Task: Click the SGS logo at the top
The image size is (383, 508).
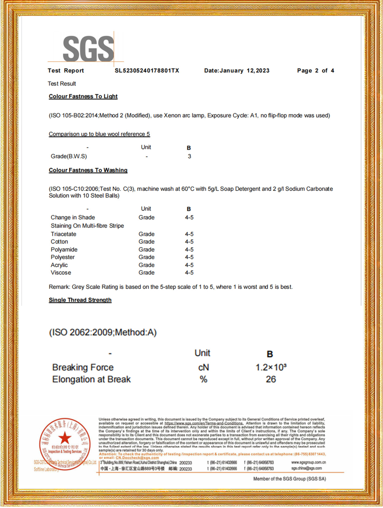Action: [x=88, y=48]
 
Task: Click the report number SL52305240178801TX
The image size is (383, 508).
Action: [x=147, y=71]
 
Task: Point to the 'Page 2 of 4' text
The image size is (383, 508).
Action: [x=315, y=71]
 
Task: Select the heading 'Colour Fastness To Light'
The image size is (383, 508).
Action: [x=83, y=96]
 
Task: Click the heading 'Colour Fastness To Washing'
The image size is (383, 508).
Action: [x=88, y=170]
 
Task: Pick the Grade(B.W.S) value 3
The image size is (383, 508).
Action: [x=189, y=156]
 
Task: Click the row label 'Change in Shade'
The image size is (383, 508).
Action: [x=73, y=217]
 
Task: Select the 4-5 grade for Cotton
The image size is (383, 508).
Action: [x=189, y=242]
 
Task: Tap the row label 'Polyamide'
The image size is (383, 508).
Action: [x=64, y=249]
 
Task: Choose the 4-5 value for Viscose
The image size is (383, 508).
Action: [x=189, y=273]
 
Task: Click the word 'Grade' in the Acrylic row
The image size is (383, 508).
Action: [x=146, y=265]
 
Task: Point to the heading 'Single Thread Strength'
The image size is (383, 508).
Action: [x=80, y=300]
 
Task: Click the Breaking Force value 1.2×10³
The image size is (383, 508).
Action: [x=271, y=367]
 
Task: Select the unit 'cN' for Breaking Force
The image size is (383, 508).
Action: [x=203, y=367]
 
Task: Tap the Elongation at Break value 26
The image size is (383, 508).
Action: [x=271, y=379]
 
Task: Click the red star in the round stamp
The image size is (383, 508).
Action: [x=65, y=438]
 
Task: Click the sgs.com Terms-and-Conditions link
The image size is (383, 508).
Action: [x=204, y=423]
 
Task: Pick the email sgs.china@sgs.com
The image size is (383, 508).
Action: [x=306, y=468]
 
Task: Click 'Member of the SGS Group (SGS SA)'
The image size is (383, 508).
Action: [x=289, y=479]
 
